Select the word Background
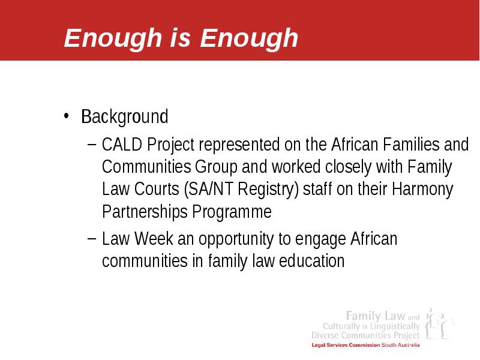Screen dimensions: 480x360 tap(125, 116)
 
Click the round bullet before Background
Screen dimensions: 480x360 tap(66, 116)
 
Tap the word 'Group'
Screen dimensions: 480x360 tap(216, 167)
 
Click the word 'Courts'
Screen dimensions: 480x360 tap(157, 189)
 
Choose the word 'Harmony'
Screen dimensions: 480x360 tap(422, 190)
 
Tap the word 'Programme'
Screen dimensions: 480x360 tap(232, 212)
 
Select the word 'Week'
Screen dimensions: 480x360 tap(154, 238)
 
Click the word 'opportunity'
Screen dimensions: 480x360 tap(236, 239)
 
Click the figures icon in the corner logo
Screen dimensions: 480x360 tap(440, 324)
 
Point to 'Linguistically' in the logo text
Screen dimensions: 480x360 tap(395, 326)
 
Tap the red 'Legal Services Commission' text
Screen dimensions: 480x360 tap(346, 345)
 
